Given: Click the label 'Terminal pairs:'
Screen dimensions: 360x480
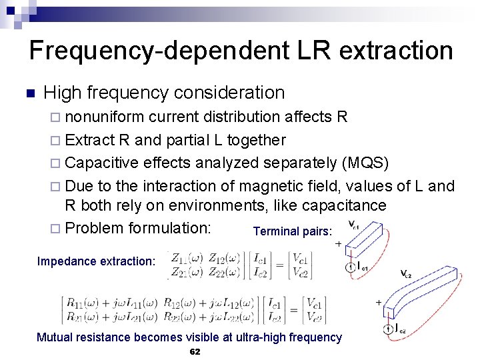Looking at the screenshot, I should pyautogui.click(x=292, y=231).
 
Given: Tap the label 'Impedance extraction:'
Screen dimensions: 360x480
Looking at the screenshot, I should pyautogui.click(x=96, y=261).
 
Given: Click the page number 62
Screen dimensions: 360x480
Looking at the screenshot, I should pyautogui.click(x=195, y=351).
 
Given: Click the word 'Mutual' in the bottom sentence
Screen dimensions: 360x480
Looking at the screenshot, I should pyautogui.click(x=57, y=337).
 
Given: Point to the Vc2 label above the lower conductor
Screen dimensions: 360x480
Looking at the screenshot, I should pyautogui.click(x=406, y=274).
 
